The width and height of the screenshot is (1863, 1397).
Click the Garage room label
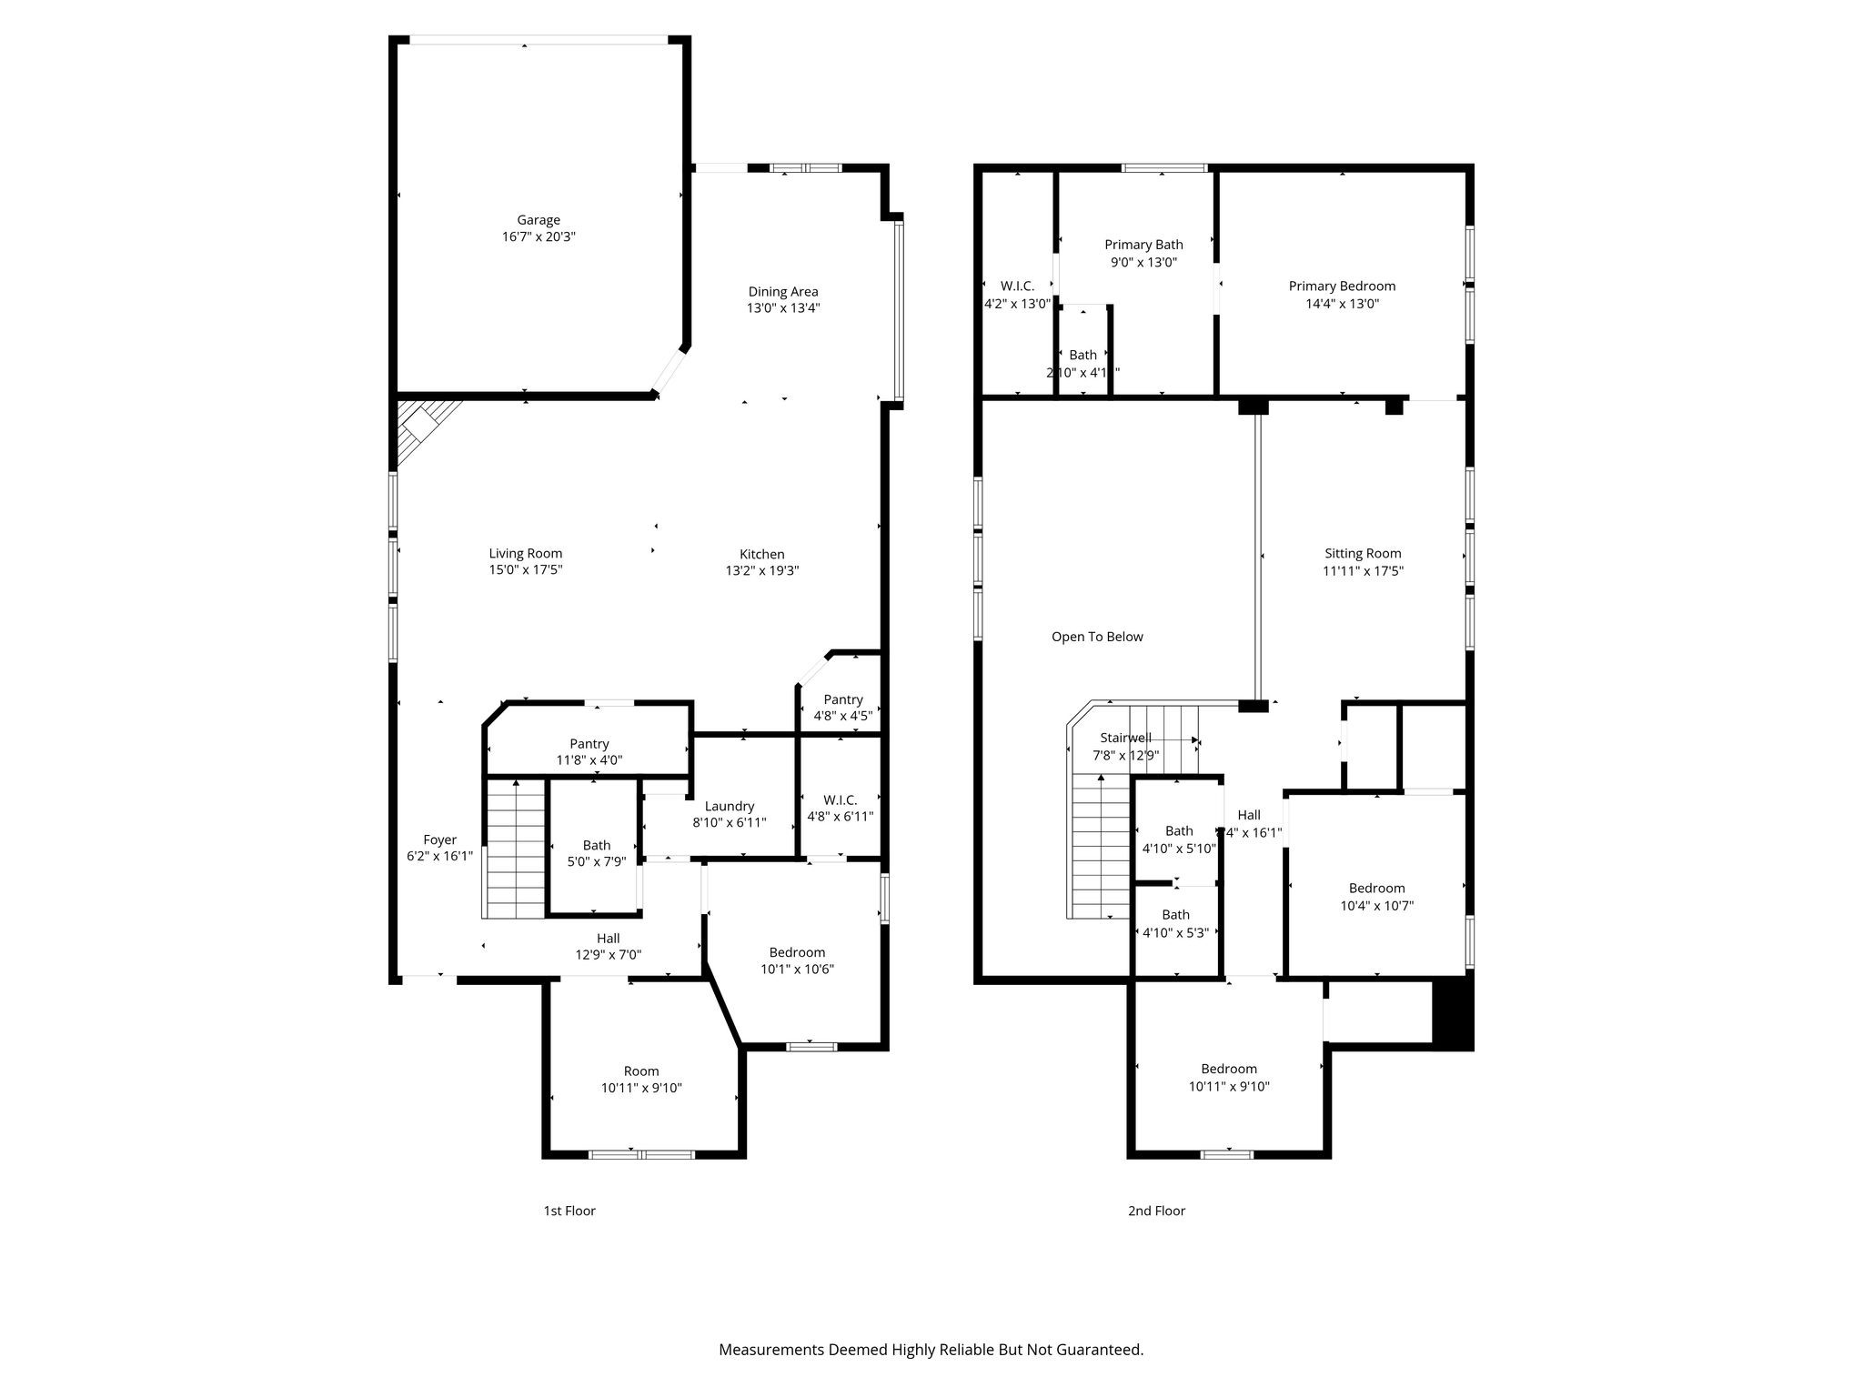point(539,220)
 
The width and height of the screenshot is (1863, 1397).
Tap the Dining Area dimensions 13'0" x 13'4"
point(783,308)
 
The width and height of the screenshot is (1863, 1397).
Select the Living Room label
point(526,553)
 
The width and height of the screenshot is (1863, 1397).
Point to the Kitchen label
point(761,554)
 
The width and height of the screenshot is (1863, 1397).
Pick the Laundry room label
point(730,806)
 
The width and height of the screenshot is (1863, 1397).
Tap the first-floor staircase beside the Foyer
point(516,850)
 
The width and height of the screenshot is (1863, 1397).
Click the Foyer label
point(439,839)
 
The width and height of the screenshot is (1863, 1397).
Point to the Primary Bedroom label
point(1342,286)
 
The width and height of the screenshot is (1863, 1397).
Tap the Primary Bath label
point(1143,245)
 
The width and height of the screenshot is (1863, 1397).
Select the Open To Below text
point(1097,637)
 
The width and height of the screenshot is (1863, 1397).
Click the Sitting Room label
point(1363,553)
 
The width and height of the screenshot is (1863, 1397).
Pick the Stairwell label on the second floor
point(1125,738)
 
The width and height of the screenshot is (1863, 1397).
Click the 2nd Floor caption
point(1156,1211)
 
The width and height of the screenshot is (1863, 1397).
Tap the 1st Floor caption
point(569,1211)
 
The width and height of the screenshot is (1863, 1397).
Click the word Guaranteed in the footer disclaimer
point(1096,1350)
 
